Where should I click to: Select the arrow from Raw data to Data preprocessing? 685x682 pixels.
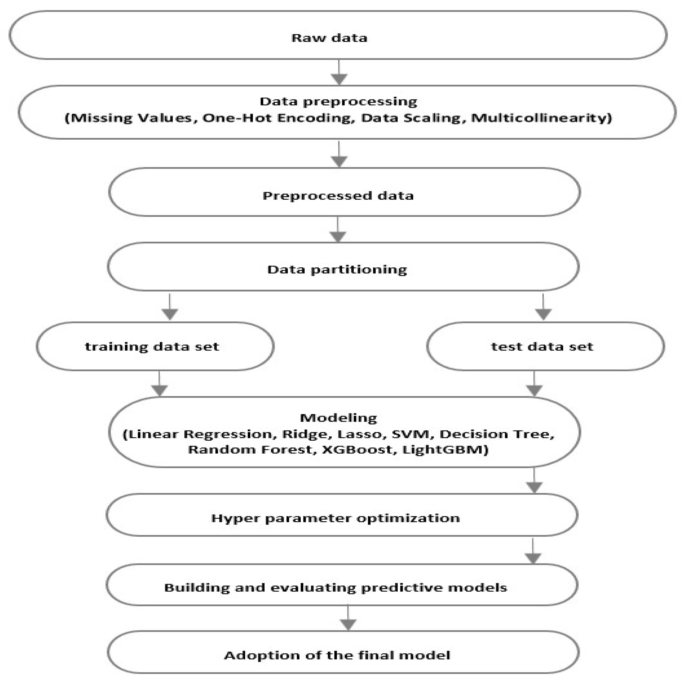(339, 73)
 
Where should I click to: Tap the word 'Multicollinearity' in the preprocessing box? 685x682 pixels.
(541, 118)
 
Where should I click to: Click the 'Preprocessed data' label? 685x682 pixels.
(338, 196)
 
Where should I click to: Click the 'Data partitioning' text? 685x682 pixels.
(337, 270)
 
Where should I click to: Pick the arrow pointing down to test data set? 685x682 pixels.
(543, 307)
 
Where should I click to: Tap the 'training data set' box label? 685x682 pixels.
(152, 347)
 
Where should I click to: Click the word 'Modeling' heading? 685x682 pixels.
(338, 418)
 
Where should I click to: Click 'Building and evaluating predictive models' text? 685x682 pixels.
(335, 588)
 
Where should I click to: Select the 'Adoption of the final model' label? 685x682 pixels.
(337, 655)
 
